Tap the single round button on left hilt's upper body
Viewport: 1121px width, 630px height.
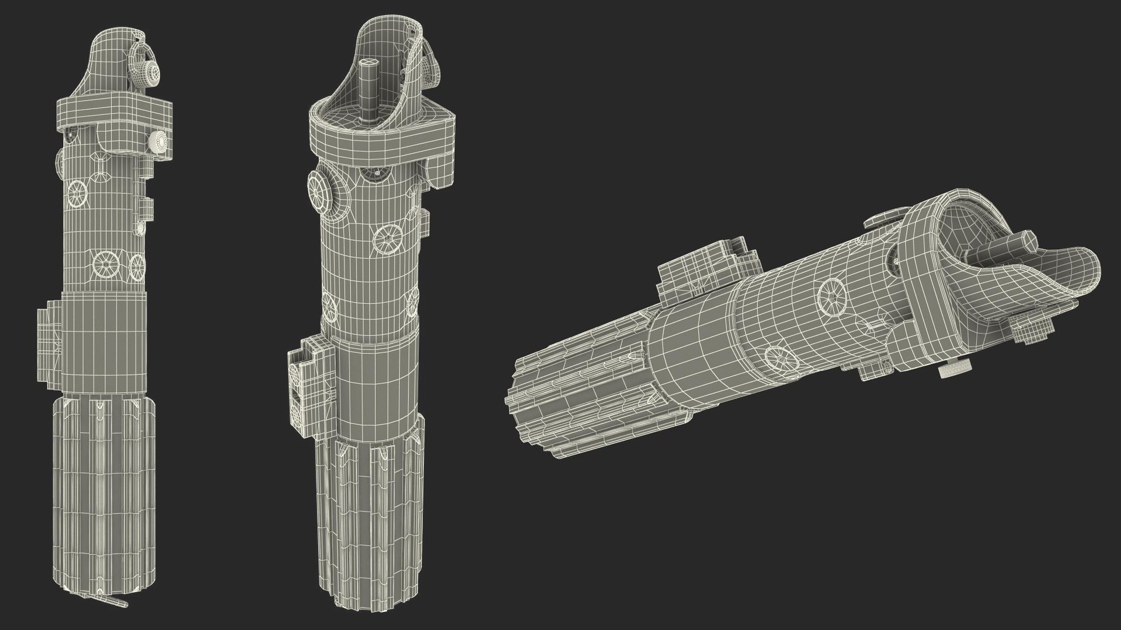pyautogui.click(x=77, y=192)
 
